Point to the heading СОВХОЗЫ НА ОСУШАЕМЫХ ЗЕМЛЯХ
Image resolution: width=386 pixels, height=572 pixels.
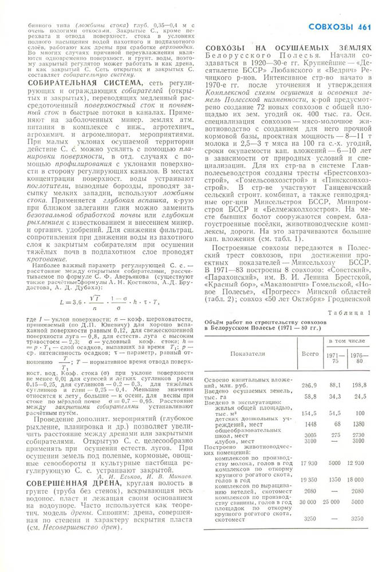pos(287,49)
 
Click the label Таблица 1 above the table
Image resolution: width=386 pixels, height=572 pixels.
pos(350,312)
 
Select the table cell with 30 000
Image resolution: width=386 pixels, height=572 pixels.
pos(310,517)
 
